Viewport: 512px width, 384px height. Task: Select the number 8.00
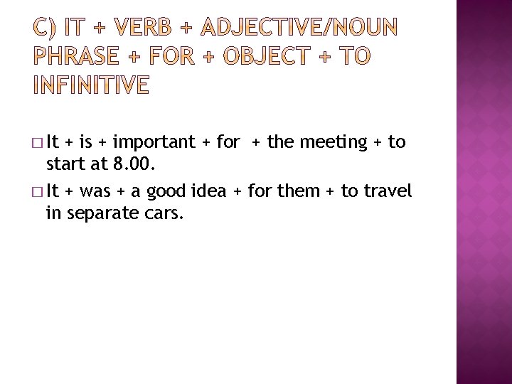point(127,165)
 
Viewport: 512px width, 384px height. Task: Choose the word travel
point(387,191)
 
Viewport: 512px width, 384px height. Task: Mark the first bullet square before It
point(37,143)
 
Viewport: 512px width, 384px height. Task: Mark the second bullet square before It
point(37,192)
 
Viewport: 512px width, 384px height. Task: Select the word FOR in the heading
point(170,58)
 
